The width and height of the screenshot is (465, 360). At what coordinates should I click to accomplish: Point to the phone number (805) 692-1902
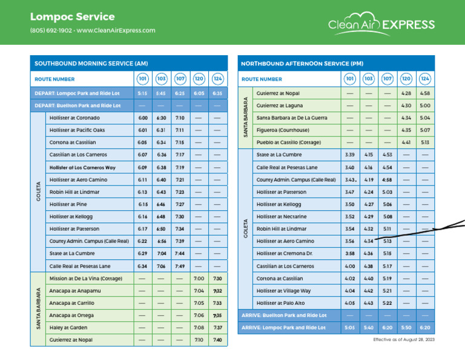click(x=50, y=30)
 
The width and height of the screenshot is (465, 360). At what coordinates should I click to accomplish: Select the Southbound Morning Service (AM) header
click(x=91, y=63)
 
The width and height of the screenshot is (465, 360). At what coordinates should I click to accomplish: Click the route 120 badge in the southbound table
click(x=199, y=79)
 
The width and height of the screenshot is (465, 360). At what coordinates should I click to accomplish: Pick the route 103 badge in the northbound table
click(x=368, y=79)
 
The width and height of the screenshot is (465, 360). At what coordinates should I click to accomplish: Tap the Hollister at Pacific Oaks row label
click(x=77, y=130)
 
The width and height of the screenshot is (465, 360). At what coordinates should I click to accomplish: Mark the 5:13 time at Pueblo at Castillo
click(x=425, y=142)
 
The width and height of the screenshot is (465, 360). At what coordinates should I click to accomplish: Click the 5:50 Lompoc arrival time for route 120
click(x=406, y=327)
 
